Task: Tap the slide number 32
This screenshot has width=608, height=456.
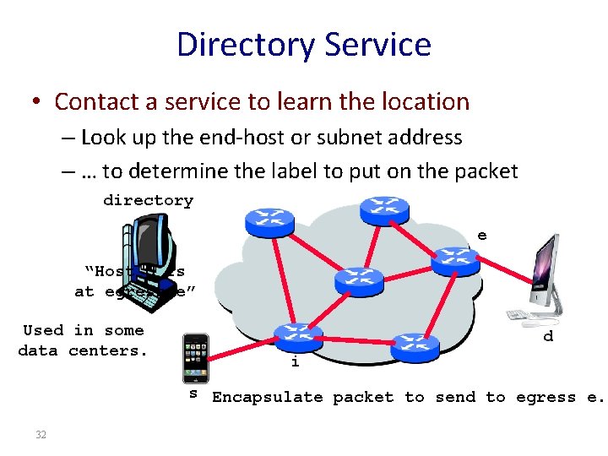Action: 41,434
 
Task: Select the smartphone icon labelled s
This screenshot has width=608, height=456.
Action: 196,358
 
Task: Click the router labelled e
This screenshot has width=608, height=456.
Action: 455,260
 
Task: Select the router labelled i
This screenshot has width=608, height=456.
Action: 297,335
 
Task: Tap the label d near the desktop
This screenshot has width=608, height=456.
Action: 548,336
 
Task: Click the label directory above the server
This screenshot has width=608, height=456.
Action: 148,200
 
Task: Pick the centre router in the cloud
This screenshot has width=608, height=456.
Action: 359,280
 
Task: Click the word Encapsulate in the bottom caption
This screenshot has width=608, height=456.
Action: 269,397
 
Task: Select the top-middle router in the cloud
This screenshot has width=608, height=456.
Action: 384,208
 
